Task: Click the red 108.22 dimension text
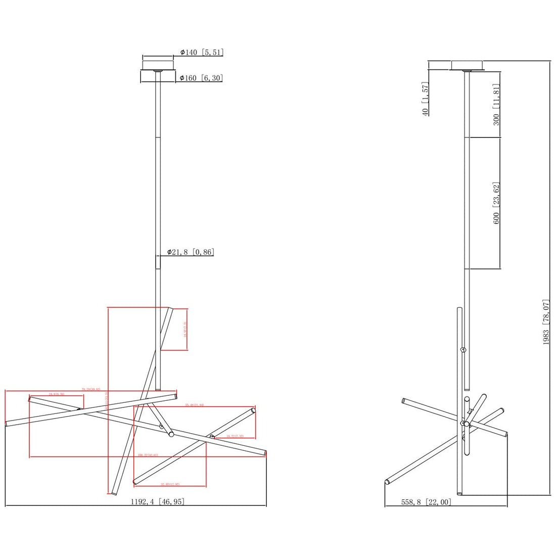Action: pos(148,455)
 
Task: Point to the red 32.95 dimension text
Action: pos(170,484)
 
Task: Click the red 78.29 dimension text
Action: pos(91,389)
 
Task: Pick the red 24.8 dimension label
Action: pos(56,393)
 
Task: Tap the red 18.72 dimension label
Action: pos(235,436)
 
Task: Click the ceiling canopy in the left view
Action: pos(158,71)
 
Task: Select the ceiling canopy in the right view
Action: pos(467,65)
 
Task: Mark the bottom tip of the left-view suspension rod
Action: pos(158,389)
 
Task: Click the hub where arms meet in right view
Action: pos(464,422)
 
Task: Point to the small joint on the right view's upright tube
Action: pos(463,350)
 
